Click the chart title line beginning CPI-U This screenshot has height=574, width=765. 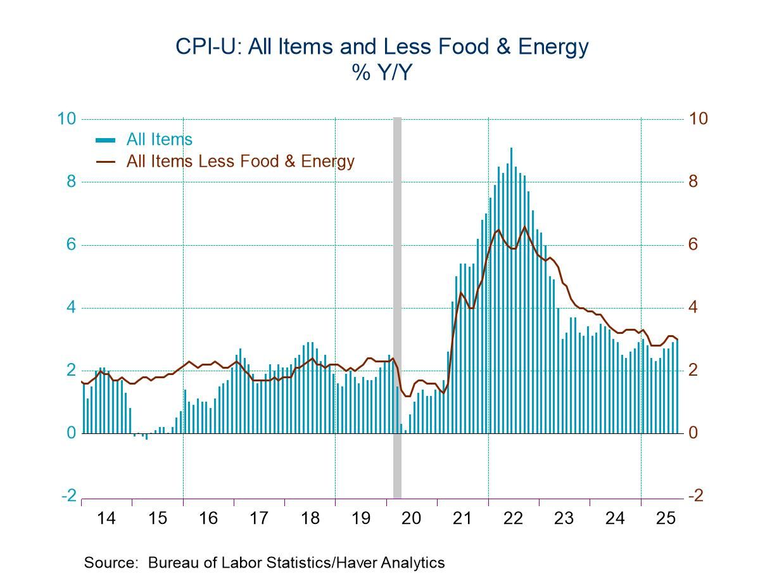382,47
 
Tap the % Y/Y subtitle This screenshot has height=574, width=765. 382,74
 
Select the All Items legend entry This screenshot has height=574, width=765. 159,139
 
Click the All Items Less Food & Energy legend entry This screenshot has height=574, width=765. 240,161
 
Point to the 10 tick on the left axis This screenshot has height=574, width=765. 68,119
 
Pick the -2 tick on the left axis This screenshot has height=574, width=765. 69,495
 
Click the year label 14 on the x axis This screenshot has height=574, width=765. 106,518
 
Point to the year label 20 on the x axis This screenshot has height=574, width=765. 412,518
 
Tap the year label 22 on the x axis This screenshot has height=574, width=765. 514,518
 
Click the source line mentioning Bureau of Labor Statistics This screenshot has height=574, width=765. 264,563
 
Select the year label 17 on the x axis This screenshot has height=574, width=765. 258,518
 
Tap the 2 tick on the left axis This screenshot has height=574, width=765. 71,371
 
